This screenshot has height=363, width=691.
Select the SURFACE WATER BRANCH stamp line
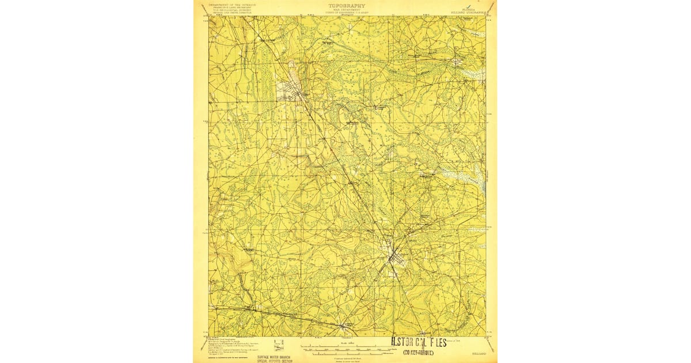pyautogui.click(x=275, y=357)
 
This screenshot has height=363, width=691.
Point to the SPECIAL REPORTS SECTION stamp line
pyautogui.click(x=275, y=361)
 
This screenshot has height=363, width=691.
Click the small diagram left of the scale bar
pyautogui.click(x=279, y=345)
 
